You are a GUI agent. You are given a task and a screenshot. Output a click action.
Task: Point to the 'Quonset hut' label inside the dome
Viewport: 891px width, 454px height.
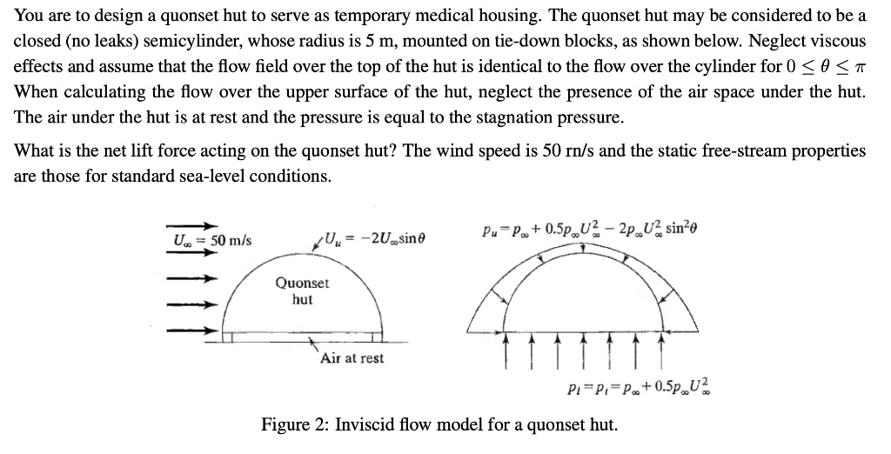(302, 291)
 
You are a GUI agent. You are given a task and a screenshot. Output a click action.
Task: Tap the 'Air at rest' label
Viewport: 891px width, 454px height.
(352, 357)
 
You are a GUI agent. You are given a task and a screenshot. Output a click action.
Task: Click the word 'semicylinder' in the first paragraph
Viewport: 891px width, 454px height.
(174, 41)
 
